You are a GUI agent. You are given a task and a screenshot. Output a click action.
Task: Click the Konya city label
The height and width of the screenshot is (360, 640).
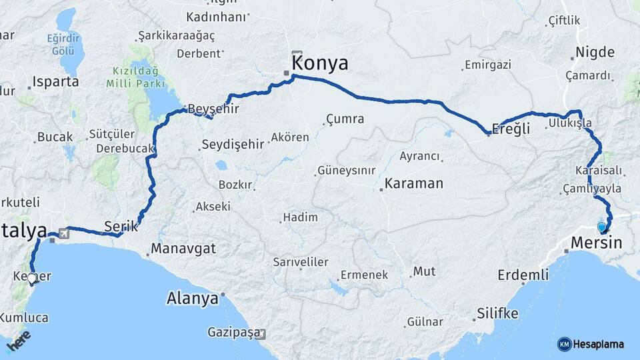point(321,63)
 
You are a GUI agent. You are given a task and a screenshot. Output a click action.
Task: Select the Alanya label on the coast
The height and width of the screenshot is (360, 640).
point(192,298)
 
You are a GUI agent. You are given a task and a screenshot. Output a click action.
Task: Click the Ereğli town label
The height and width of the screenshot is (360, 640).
point(511,129)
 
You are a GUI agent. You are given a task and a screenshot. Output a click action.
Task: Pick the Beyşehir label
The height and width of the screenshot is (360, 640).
point(213,109)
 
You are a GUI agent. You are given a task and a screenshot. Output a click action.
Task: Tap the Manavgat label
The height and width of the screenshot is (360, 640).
point(183,249)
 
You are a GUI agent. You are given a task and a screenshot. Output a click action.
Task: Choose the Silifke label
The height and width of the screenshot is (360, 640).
point(497,313)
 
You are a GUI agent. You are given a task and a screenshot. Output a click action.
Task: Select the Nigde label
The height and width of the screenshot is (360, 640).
point(595,52)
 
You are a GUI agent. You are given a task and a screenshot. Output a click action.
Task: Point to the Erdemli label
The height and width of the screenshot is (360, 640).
point(523,275)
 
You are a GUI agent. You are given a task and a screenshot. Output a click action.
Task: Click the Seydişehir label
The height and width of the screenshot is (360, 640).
point(233,145)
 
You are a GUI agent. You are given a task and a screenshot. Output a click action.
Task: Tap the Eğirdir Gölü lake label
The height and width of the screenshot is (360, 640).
point(63,43)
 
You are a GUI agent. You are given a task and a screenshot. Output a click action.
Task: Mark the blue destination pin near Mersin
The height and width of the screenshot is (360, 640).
point(602,227)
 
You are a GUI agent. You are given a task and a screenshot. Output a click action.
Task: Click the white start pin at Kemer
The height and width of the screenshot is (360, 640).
point(31,279)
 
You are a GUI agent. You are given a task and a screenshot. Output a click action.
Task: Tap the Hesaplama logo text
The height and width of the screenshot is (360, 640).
point(598,344)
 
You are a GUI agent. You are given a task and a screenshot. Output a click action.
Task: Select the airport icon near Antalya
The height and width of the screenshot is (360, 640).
point(63,233)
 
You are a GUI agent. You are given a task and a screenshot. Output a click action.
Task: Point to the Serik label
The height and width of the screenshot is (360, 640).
point(121,226)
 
